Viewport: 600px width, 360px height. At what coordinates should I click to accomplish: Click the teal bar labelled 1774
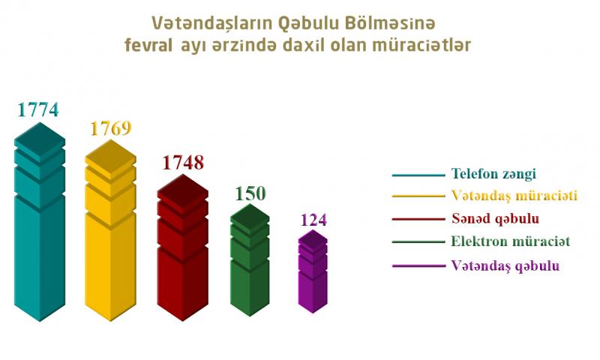[x=40, y=222]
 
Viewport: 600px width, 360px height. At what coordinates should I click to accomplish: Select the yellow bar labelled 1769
[x=110, y=230]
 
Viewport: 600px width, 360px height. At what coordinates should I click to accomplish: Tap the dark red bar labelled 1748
[x=183, y=247]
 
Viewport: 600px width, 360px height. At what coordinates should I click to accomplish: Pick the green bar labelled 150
[x=250, y=260]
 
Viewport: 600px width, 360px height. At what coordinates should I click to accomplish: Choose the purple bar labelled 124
[x=313, y=271]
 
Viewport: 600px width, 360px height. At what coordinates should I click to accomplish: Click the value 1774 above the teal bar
[x=38, y=109]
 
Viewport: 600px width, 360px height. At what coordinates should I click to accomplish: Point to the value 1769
[x=111, y=128]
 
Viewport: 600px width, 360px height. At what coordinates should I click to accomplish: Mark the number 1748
[x=183, y=163]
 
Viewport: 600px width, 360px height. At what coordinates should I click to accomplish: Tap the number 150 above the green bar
[x=250, y=193]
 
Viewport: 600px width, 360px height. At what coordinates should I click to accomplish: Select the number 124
[x=313, y=220]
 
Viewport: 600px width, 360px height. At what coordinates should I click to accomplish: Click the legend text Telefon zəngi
[x=493, y=174]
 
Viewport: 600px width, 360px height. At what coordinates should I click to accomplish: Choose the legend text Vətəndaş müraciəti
[x=514, y=196]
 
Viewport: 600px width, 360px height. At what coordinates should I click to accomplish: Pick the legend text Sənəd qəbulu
[x=495, y=219]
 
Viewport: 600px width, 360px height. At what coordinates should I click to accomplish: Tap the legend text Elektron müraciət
[x=511, y=241]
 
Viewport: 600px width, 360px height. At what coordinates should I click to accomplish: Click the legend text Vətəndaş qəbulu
[x=505, y=266]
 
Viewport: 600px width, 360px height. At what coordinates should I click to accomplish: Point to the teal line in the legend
[x=418, y=175]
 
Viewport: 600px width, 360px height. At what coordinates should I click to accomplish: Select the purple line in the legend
[x=418, y=265]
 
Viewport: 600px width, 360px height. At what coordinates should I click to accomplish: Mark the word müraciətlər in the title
[x=421, y=45]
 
